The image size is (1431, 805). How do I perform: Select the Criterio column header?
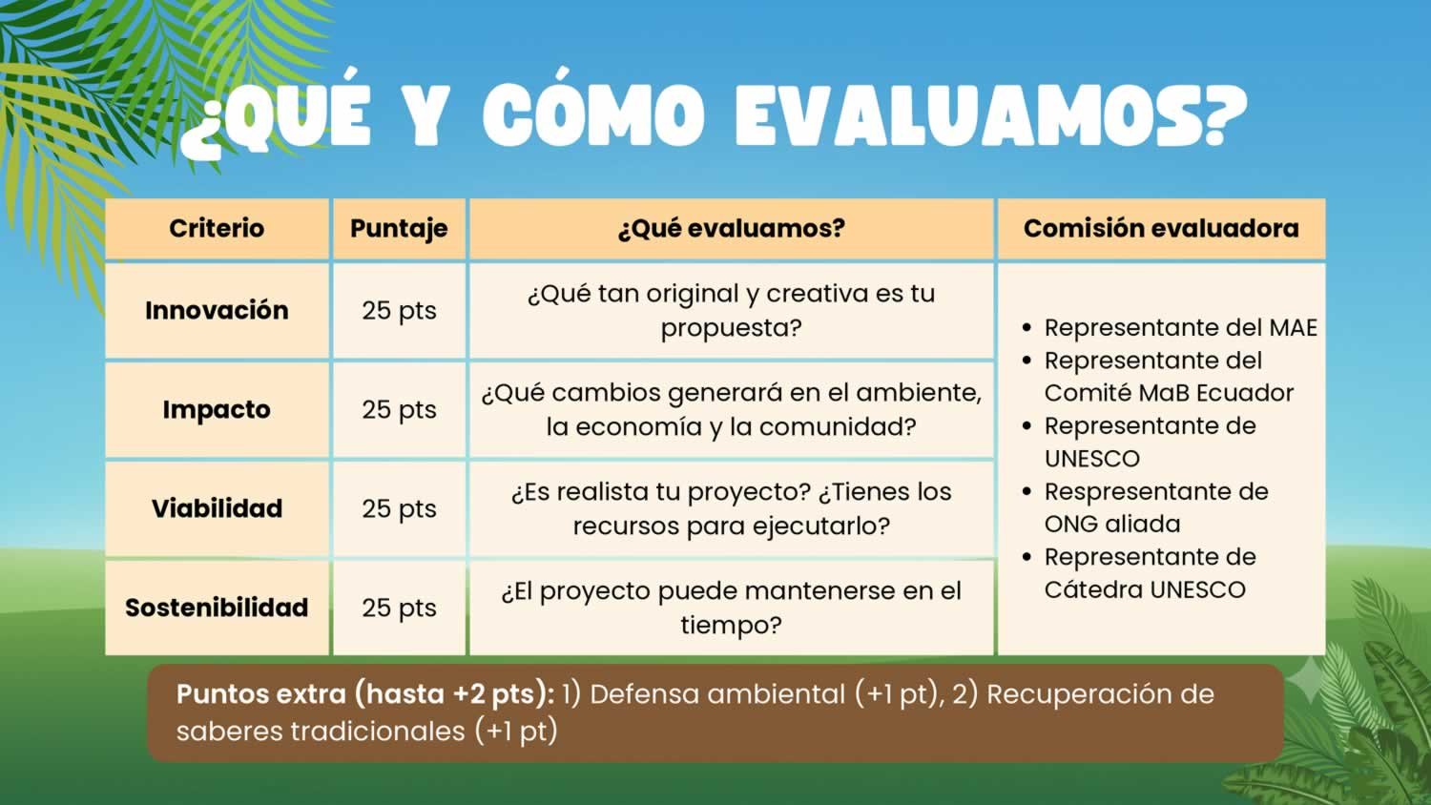(217, 228)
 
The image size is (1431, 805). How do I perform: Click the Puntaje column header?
(399, 229)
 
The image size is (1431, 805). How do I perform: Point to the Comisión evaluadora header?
(1161, 228)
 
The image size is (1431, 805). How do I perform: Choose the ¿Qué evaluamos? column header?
(731, 228)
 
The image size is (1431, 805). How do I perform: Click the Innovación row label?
(217, 310)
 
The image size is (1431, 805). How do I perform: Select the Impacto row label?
(217, 409)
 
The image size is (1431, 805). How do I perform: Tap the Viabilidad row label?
(217, 508)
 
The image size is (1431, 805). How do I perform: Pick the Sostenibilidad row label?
(217, 608)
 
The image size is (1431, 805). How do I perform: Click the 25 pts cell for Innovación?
(399, 311)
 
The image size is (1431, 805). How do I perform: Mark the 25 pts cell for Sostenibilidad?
(399, 609)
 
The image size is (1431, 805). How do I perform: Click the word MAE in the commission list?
(1293, 328)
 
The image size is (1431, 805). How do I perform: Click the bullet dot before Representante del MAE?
(1027, 328)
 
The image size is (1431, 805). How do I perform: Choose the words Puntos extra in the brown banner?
(260, 693)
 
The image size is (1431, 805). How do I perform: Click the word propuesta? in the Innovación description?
(731, 328)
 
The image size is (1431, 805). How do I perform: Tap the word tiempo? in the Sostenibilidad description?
(731, 626)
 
